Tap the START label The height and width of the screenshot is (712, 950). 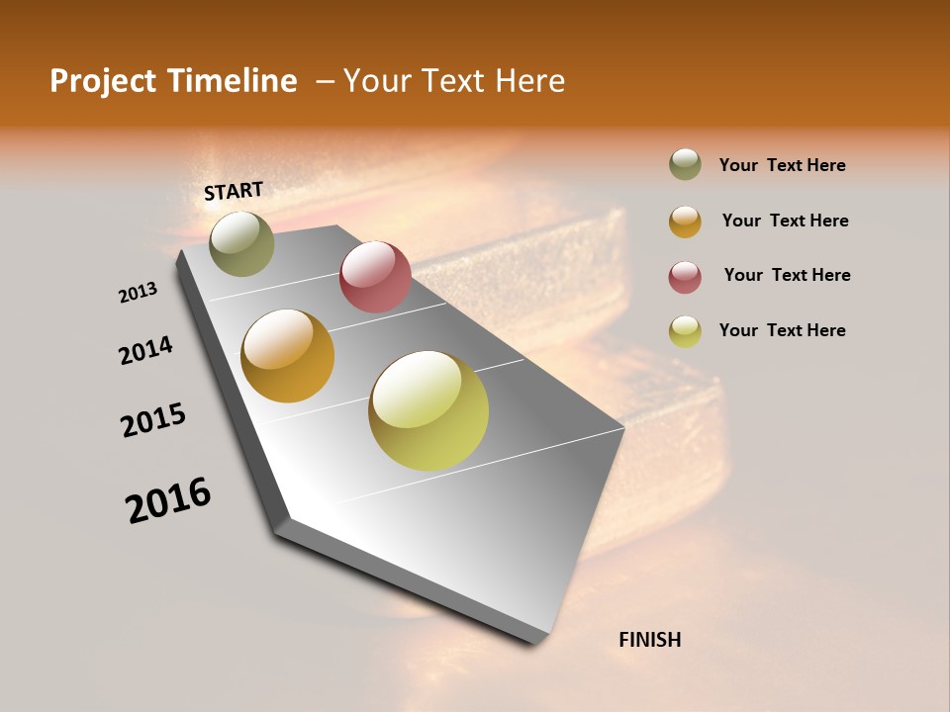(x=234, y=191)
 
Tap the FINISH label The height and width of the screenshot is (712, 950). (x=649, y=640)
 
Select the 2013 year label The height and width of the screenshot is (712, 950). (x=138, y=293)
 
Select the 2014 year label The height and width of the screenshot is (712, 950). (x=145, y=350)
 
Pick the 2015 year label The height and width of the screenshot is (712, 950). (x=153, y=420)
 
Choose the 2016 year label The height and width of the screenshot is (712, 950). (x=168, y=499)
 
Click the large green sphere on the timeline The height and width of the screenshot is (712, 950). (x=242, y=243)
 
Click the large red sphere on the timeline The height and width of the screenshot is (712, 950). (x=375, y=277)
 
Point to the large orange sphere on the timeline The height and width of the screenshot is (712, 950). (x=288, y=356)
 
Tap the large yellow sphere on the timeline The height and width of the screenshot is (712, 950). (x=428, y=410)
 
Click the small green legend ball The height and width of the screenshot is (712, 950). (x=685, y=165)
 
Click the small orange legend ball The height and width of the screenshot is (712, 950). (x=685, y=221)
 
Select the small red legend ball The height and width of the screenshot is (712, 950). (x=685, y=276)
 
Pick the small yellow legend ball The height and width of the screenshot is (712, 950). (x=685, y=330)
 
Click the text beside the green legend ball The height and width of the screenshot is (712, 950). (x=782, y=166)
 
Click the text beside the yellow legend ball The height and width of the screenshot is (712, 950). (x=782, y=330)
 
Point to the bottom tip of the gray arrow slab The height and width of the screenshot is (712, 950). (x=535, y=643)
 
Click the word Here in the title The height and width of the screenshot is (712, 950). (x=529, y=81)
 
